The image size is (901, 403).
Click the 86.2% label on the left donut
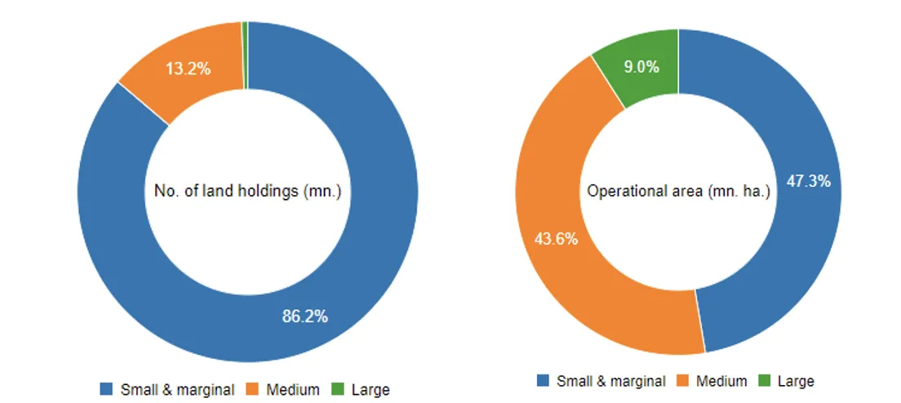(305, 317)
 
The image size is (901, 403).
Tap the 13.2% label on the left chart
(189, 69)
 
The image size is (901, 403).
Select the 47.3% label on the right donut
(808, 181)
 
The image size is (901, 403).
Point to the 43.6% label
(556, 239)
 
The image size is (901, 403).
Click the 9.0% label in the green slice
(641, 67)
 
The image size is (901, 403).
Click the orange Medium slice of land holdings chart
(163, 90)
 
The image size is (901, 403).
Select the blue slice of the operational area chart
(783, 245)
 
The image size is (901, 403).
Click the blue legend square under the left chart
(106, 389)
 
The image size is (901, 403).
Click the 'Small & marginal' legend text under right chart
(610, 381)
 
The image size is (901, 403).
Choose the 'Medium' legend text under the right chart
(721, 381)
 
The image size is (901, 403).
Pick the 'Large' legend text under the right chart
(796, 381)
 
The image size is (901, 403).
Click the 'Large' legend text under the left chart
(370, 389)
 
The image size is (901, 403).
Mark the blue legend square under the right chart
(543, 381)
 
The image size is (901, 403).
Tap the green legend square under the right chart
(764, 381)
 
